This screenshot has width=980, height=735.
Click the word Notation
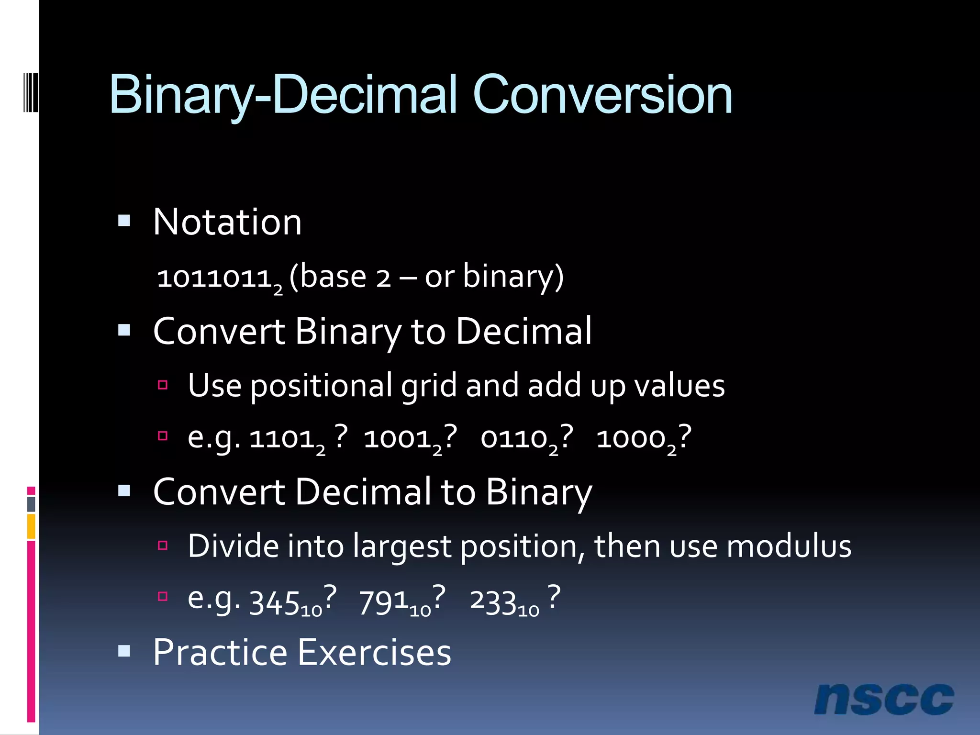coord(227,222)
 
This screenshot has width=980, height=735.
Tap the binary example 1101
coord(282,438)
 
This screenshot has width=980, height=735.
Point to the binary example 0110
coord(515,438)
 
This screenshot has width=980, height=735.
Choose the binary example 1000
coord(632,438)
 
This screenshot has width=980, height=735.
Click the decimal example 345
coord(275,602)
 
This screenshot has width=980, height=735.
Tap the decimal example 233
coord(493,602)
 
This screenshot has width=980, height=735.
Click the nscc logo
coord(884,700)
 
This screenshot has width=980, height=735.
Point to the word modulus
coord(789,546)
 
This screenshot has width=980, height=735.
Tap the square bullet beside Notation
coord(124,221)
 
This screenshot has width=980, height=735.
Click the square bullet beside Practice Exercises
coord(124,651)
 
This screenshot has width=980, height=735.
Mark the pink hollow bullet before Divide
coord(163,545)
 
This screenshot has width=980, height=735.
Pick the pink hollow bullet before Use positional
coord(163,385)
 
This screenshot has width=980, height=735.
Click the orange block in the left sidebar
coord(31,526)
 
